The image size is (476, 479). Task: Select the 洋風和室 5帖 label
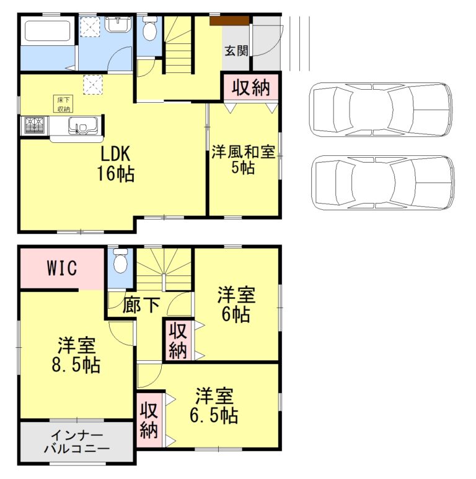243,159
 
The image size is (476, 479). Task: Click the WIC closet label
61,269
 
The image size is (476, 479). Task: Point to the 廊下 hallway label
141,305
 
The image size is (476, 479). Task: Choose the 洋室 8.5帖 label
77,355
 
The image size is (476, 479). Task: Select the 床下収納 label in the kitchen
64,104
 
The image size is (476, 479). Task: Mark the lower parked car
382,183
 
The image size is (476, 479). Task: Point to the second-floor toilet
121,260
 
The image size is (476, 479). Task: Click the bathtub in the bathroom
47,31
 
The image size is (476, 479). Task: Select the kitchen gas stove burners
33,126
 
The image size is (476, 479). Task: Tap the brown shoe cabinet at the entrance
229,20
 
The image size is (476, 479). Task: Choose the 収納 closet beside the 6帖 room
177,340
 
